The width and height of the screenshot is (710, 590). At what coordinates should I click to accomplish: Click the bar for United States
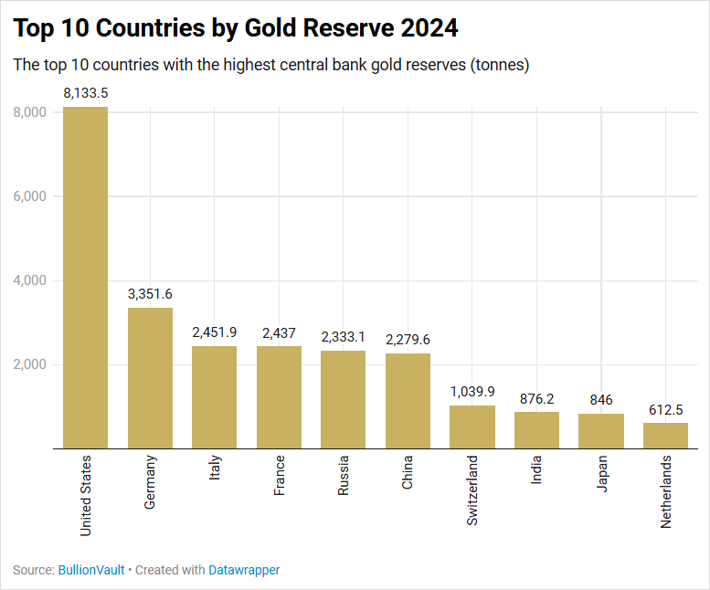click(85, 278)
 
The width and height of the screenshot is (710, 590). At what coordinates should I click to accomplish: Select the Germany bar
click(150, 378)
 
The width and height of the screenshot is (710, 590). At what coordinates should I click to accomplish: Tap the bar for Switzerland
click(472, 427)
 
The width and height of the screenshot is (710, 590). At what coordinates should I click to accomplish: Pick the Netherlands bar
click(665, 436)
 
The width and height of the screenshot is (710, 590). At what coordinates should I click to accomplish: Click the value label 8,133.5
click(85, 93)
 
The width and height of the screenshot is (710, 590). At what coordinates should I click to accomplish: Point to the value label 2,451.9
click(215, 332)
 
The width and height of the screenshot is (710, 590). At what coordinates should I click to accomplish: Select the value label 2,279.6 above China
click(408, 340)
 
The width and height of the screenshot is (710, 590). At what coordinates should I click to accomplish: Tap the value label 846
click(601, 400)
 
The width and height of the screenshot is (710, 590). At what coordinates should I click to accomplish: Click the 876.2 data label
click(536, 399)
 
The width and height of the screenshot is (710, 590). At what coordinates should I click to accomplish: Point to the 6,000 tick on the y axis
click(31, 196)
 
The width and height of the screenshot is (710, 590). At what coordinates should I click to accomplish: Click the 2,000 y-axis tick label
click(31, 364)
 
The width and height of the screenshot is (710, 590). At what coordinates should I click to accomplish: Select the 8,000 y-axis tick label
click(31, 112)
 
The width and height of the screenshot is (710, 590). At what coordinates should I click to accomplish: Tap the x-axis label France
click(280, 475)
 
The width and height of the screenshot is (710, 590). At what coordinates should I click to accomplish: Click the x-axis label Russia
click(344, 475)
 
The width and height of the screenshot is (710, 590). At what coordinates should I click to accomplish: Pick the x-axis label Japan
click(601, 474)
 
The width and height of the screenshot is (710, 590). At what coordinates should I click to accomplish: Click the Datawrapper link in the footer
click(244, 570)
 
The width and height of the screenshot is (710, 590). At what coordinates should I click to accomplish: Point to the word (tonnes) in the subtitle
click(499, 65)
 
